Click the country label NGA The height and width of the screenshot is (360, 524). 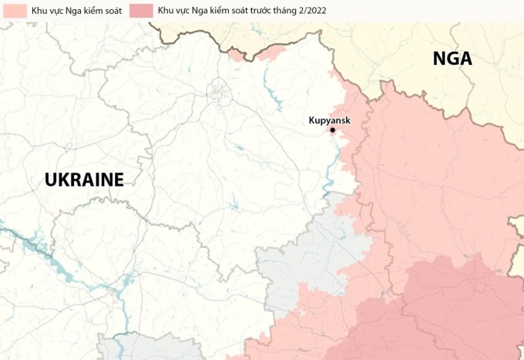(x=452, y=59)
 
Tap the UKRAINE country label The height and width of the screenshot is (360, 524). (x=84, y=180)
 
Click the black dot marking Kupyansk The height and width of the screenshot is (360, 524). (x=333, y=130)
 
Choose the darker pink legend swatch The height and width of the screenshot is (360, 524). (x=142, y=11)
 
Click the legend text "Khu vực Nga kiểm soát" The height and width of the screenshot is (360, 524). (x=76, y=11)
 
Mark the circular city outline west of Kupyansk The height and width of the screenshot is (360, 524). (x=220, y=93)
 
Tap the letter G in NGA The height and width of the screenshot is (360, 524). (x=452, y=59)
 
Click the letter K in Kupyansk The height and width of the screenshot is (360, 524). (x=312, y=120)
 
